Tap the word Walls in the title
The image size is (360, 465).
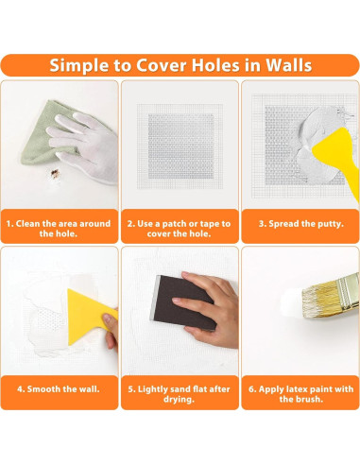tap(284, 65)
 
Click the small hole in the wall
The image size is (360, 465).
tap(55, 174)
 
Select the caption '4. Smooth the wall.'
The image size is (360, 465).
tap(60, 388)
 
